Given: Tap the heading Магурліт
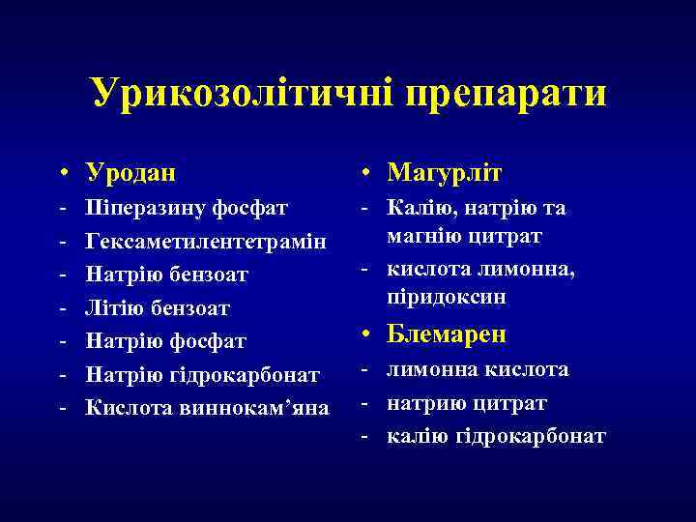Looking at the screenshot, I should click(x=445, y=173).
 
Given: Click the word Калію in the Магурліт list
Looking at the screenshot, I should click(x=418, y=208).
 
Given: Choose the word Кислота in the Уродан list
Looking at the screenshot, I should click(x=127, y=406).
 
